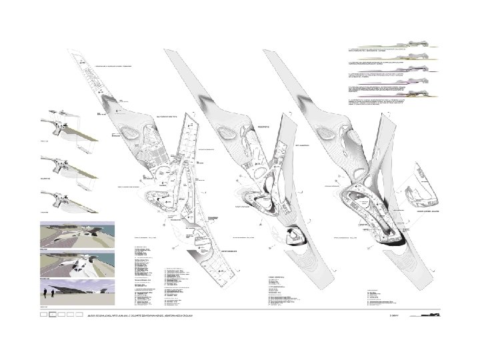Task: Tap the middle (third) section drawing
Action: [x=417, y=78]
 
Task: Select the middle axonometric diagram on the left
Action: [x=66, y=163]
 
